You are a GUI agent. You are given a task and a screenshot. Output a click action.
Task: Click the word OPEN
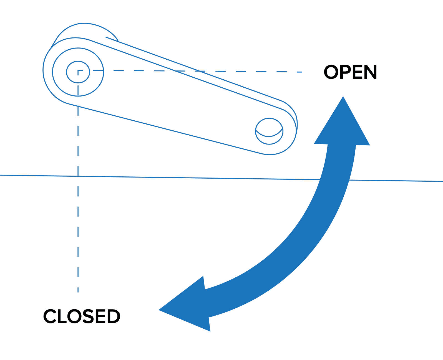tap(351, 72)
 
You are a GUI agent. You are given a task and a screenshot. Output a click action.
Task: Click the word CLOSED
tap(82, 316)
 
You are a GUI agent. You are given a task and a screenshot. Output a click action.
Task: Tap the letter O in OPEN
tap(331, 72)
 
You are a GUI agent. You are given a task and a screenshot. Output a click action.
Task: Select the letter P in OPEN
tap(346, 72)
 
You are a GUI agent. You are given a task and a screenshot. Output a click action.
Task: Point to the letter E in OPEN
tap(358, 72)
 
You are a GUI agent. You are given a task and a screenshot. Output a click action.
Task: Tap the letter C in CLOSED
tap(50, 316)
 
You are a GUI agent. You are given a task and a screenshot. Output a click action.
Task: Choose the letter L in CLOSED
tap(62, 316)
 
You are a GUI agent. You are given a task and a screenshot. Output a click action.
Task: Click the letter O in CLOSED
tap(75, 316)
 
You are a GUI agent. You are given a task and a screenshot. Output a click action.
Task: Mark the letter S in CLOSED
tap(88, 316)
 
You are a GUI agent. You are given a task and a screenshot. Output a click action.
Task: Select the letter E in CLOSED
tap(100, 316)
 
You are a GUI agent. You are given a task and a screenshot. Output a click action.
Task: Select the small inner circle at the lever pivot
tap(78, 72)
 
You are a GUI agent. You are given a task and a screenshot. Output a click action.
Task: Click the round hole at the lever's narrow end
tap(269, 131)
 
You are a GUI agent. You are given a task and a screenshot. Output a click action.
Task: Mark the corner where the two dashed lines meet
tap(78, 70)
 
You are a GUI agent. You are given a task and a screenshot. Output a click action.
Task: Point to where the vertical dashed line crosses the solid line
tap(78, 176)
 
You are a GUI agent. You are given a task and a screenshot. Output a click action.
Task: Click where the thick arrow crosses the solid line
tap(334, 180)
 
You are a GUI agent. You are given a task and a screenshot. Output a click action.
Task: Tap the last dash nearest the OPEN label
tap(299, 72)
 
